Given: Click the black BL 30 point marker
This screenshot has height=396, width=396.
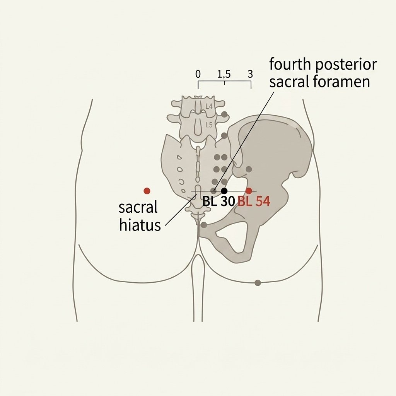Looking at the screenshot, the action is click(224, 191).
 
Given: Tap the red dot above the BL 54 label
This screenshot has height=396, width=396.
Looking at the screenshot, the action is click(249, 191).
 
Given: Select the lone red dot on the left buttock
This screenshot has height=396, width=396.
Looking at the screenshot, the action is click(147, 191).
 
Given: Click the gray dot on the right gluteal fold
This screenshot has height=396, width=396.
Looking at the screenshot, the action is click(258, 283).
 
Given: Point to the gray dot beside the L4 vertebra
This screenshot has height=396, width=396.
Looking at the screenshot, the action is click(224, 114).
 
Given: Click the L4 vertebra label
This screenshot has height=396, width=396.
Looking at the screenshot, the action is click(209, 106).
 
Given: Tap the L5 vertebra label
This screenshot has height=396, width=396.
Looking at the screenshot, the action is click(209, 125).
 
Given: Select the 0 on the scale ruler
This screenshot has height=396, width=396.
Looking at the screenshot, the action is click(198, 74).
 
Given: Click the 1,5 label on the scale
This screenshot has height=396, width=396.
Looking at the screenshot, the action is click(224, 74).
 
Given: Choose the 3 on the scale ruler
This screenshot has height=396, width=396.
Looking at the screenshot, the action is click(250, 74).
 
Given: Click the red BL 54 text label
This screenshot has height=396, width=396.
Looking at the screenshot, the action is click(254, 201).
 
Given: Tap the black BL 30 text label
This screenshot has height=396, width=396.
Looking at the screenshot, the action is click(219, 201).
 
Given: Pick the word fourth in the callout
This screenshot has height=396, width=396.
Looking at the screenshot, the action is click(290, 65).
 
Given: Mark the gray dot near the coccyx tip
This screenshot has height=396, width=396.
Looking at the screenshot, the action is click(204, 225).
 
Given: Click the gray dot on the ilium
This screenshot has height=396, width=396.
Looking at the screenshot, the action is click(249, 169).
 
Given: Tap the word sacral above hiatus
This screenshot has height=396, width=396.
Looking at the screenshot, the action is click(138, 208).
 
